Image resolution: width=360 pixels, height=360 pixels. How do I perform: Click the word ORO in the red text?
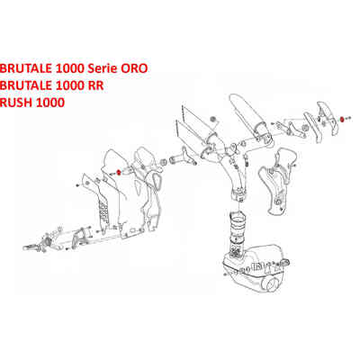[x=134, y=68]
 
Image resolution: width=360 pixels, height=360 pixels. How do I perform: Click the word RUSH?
[x=16, y=103]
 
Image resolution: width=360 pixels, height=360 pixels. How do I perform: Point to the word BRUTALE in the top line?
[x=25, y=68]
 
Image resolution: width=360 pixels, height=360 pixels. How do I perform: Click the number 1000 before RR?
[x=69, y=85]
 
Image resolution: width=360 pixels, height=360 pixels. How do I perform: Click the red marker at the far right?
[x=342, y=119]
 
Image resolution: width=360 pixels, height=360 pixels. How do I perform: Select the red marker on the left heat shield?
[x=119, y=172]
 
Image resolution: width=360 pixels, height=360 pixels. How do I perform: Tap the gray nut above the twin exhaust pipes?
[x=213, y=119]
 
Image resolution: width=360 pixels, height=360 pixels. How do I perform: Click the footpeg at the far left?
[x=30, y=247]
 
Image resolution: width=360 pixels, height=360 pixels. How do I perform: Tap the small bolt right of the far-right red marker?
[x=347, y=120]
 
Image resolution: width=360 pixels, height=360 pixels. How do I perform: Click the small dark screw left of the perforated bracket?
[x=77, y=185]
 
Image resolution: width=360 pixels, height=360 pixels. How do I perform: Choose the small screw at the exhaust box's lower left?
[x=225, y=274]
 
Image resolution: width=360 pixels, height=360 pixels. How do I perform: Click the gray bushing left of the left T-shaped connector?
[x=165, y=162]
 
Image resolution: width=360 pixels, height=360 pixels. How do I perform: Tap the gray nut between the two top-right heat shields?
[x=305, y=127]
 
